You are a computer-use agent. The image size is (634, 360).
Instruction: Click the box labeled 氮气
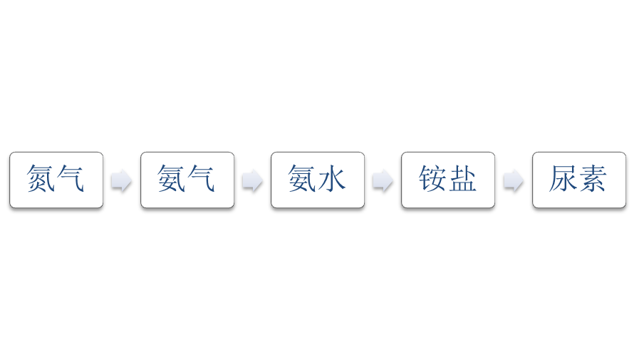(56, 180)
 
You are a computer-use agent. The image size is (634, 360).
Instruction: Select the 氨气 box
(187, 180)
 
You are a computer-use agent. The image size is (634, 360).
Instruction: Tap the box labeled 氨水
(318, 180)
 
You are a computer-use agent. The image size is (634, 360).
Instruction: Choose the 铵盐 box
(448, 180)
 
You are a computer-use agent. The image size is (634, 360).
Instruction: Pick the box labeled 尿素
(579, 180)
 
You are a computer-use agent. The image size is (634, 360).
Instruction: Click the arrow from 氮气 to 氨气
(121, 180)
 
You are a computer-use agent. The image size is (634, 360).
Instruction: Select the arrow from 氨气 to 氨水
(252, 180)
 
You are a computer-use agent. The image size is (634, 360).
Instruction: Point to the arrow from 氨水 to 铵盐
(383, 180)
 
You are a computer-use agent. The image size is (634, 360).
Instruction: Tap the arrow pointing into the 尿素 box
(514, 180)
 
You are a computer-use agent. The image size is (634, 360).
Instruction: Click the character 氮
(41, 178)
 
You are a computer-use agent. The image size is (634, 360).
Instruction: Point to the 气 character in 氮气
(70, 178)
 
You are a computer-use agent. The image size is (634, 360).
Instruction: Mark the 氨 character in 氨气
(172, 178)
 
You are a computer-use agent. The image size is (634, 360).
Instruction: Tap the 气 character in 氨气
(201, 178)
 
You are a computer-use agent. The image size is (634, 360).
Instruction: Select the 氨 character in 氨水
(302, 178)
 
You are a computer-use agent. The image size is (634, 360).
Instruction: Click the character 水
(331, 178)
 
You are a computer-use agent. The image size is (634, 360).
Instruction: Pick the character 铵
(432, 178)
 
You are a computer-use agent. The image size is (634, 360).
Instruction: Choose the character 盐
(462, 178)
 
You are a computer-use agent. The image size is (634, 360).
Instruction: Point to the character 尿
(563, 178)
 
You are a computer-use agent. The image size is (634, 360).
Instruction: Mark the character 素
(593, 178)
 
